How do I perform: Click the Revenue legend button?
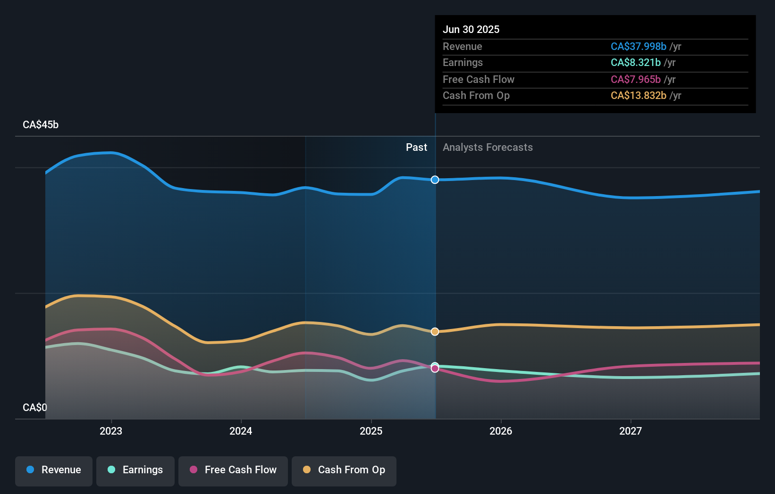point(54,470)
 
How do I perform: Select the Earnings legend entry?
point(135,470)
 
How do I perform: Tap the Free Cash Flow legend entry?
point(233,470)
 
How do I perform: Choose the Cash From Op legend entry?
point(344,470)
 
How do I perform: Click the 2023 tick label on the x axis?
point(111,431)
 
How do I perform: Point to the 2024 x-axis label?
point(241,431)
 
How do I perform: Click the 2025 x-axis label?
point(371,431)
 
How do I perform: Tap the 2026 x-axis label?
point(501,431)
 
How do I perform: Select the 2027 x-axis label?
point(631,431)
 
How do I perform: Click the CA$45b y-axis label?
point(41,125)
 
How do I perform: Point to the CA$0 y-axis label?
point(35,407)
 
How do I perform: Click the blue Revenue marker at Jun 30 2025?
point(435,180)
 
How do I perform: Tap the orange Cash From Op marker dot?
point(435,331)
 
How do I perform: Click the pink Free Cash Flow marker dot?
point(435,369)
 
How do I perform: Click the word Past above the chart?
point(416,148)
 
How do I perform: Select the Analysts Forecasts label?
point(488,148)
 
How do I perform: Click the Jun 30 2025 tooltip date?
point(471,30)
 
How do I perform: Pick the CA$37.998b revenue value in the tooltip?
point(638,47)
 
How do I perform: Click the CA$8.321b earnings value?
point(635,63)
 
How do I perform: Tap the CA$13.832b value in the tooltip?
point(638,96)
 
